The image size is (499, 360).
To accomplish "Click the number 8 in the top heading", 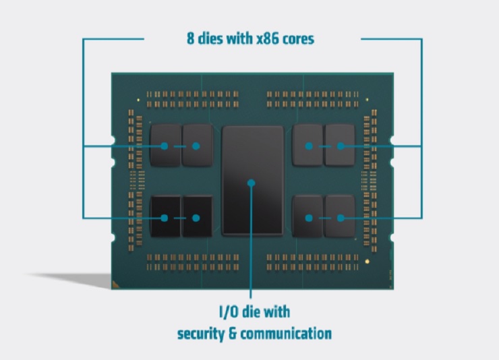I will point(190,38).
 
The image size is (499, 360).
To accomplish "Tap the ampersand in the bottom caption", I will point(237,333).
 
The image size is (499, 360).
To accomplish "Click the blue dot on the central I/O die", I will point(251,182).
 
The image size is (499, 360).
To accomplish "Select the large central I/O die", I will point(254,162).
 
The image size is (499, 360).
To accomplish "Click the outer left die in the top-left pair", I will point(165,144).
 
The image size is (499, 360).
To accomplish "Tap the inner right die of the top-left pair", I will point(197,144).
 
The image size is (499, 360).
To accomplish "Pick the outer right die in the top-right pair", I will point(340,144).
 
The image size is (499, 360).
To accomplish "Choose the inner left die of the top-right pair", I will point(307,144).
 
